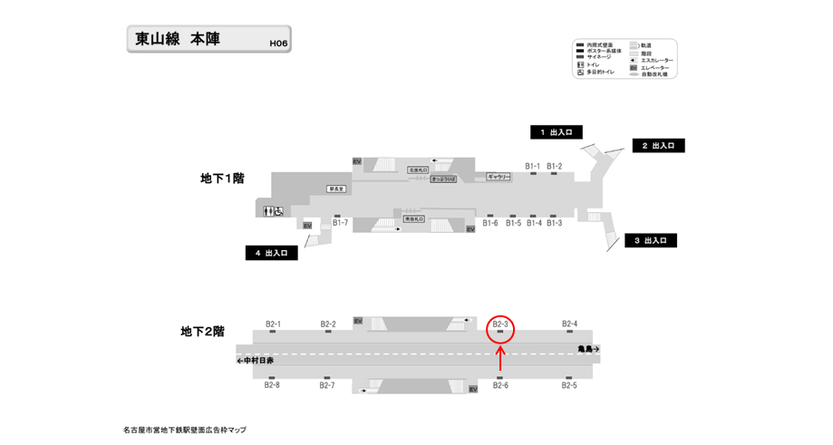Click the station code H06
[278, 43]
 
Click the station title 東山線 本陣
[178, 39]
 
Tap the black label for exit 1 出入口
[556, 132]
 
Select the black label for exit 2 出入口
[658, 145]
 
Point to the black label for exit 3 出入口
[650, 240]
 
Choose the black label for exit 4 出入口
[271, 254]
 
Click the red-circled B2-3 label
[500, 324]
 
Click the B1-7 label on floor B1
[340, 222]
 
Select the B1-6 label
[490, 223]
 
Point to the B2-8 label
[272, 385]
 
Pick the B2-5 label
[568, 385]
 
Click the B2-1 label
[273, 324]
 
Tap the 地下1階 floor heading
[222, 179]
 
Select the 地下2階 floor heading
[202, 332]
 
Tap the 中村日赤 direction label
[256, 361]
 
